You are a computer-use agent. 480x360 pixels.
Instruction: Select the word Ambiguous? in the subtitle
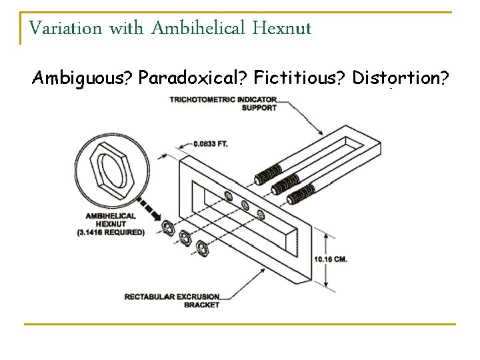click(83, 79)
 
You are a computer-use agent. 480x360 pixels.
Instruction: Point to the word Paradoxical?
click(192, 79)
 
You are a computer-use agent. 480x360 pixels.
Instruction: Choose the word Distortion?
click(399, 79)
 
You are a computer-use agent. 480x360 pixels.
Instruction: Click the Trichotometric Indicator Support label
click(223, 103)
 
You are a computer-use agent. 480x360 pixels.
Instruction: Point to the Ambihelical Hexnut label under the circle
click(111, 220)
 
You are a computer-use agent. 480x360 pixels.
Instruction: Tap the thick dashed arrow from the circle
click(147, 207)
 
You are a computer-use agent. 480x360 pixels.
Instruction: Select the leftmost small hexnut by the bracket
click(168, 229)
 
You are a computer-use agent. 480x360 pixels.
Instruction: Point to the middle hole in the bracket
click(245, 204)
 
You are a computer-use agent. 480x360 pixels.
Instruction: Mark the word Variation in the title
click(66, 29)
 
